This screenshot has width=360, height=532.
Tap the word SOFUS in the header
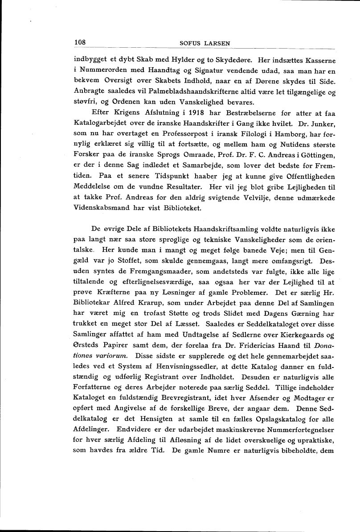pos(190,43)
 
